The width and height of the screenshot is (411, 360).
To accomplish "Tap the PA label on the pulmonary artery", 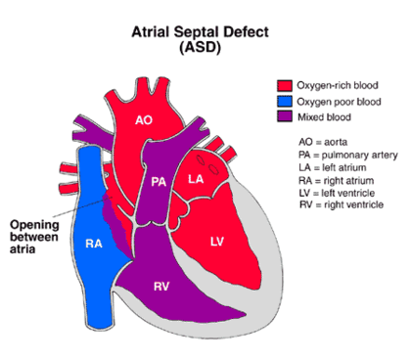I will coord(158,181).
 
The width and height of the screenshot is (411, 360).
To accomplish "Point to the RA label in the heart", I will coord(94,244).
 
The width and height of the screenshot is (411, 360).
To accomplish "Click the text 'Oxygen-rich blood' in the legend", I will coord(338,85).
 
